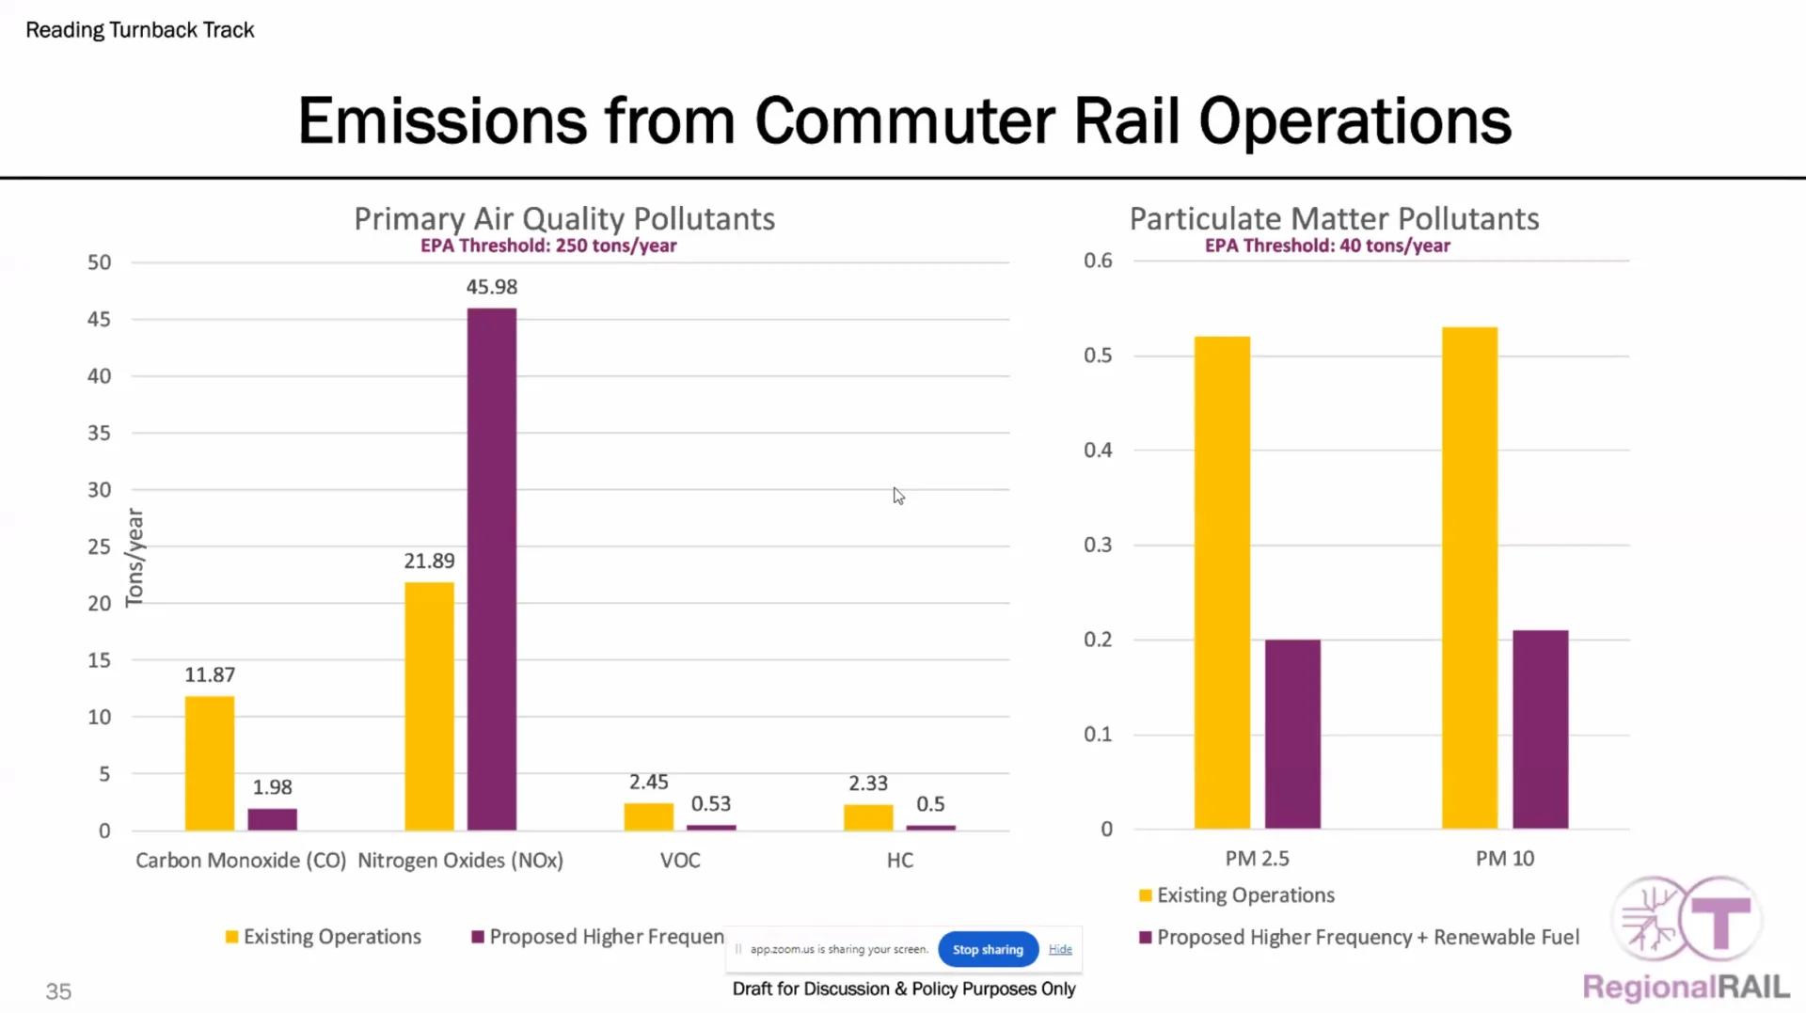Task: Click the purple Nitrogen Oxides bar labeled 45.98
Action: coord(491,569)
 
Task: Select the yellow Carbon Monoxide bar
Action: coord(209,763)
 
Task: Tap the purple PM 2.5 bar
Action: coord(1292,734)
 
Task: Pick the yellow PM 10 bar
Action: coord(1469,578)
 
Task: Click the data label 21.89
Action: coord(429,562)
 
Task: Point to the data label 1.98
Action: coord(272,787)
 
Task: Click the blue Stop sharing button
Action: coord(988,949)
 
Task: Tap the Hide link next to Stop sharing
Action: coord(1060,949)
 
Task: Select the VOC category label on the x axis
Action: coord(680,861)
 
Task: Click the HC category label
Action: coord(899,861)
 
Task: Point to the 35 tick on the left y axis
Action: coord(99,434)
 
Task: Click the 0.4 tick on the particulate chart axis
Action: coord(1098,451)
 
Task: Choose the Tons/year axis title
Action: coord(135,558)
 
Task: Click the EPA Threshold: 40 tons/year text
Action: coord(1327,245)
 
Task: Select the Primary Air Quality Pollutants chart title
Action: coord(564,218)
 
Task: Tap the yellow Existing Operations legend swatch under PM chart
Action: coord(1145,895)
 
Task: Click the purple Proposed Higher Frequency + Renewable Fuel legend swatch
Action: coord(1145,938)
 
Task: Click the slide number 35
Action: coord(58,991)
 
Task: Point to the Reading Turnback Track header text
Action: coord(140,30)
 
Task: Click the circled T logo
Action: coord(1720,919)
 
